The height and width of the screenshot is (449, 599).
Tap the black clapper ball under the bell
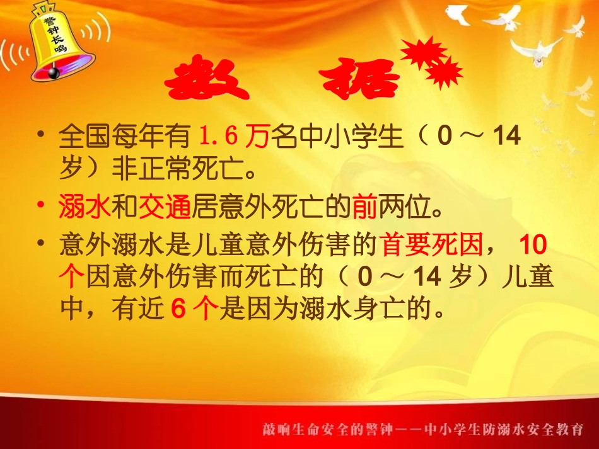coord(54,73)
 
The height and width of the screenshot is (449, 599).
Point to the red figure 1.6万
coord(234,137)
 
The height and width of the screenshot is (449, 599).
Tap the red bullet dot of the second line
coord(42,205)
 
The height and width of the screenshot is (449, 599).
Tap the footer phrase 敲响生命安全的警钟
coord(329,429)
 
